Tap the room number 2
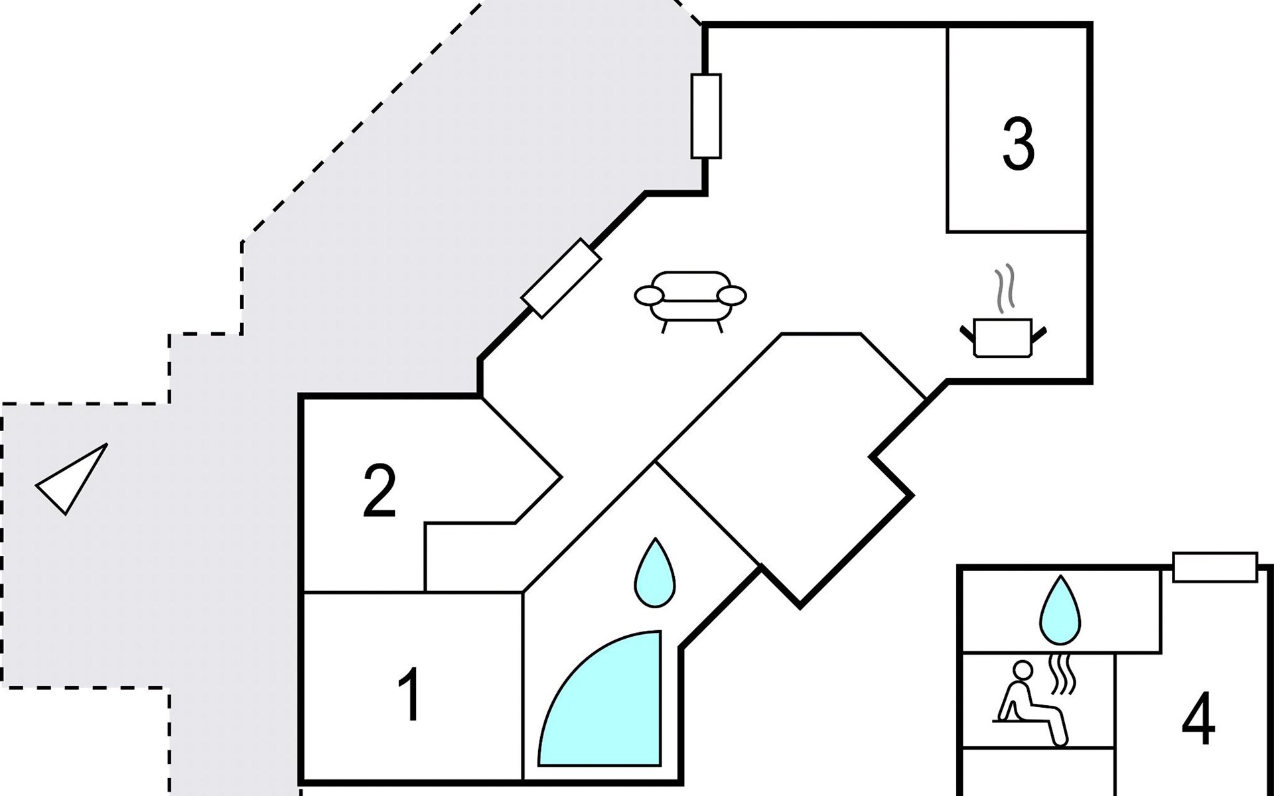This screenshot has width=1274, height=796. pyautogui.click(x=380, y=492)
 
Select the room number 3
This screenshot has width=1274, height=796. pyautogui.click(x=1018, y=144)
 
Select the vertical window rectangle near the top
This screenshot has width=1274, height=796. pyautogui.click(x=705, y=116)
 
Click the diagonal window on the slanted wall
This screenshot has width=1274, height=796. pyautogui.click(x=561, y=278)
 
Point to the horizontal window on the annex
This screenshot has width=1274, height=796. pyautogui.click(x=1214, y=567)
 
